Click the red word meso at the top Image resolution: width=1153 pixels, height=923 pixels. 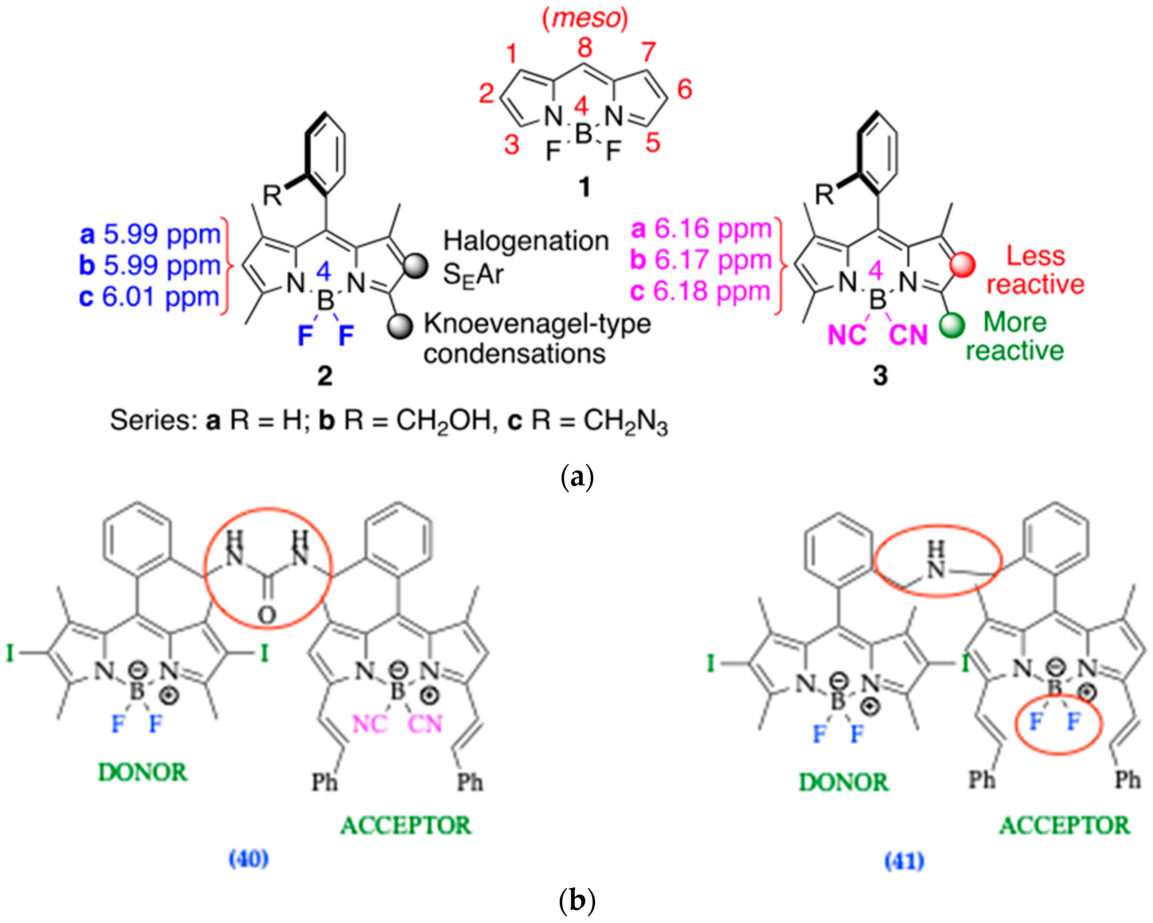click(585, 19)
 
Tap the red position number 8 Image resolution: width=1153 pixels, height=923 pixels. click(585, 48)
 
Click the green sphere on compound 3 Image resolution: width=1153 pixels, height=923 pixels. click(952, 324)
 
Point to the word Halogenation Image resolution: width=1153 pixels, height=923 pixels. click(526, 241)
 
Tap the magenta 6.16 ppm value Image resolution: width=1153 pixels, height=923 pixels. click(712, 229)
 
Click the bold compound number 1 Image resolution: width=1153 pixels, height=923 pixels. click(585, 188)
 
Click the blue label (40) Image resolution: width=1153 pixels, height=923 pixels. click(249, 859)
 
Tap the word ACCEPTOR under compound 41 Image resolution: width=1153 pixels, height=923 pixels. click(1064, 826)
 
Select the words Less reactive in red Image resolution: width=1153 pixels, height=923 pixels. click(1035, 270)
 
